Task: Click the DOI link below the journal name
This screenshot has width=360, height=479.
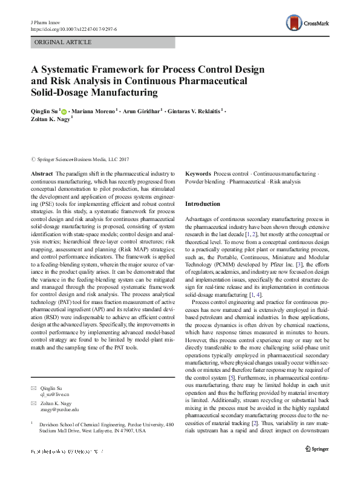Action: (x=73, y=28)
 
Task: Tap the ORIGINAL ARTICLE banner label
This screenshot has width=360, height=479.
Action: (x=64, y=42)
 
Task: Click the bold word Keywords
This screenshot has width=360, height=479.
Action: (x=198, y=173)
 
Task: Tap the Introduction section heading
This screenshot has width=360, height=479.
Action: (x=203, y=204)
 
